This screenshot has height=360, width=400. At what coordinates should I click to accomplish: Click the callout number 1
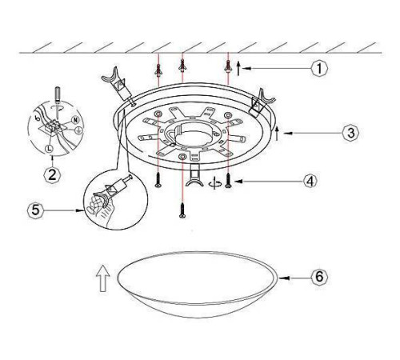tap(319, 69)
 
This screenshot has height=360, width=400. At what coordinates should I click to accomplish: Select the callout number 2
tap(52, 174)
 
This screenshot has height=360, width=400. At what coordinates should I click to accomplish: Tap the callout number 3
tap(351, 133)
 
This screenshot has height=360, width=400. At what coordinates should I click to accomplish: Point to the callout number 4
tap(310, 182)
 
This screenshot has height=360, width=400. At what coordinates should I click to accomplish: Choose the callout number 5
tap(35, 210)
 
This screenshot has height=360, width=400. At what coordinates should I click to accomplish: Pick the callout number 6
tap(319, 277)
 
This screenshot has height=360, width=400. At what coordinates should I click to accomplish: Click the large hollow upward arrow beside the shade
tap(103, 278)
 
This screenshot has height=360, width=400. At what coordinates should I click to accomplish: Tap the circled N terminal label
tap(76, 120)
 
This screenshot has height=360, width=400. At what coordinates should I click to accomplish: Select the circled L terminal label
tap(49, 149)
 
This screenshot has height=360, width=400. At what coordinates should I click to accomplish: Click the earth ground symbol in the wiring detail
tap(78, 130)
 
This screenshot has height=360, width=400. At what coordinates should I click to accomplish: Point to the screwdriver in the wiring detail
tap(57, 102)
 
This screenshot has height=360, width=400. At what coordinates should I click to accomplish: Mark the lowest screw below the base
tap(182, 210)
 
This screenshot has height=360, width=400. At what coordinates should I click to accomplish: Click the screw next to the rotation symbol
tap(228, 181)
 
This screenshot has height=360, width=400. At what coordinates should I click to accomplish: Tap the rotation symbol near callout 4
tap(215, 183)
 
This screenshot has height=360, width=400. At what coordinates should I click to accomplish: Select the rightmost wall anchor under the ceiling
tap(228, 66)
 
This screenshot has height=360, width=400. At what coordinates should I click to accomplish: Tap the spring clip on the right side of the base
tap(260, 102)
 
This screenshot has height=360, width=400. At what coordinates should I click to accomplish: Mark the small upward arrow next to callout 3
tap(278, 133)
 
